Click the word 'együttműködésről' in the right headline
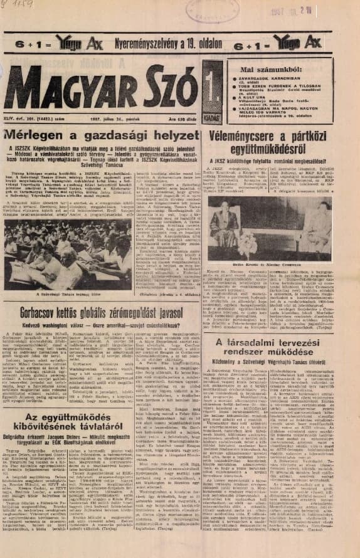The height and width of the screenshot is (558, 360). tap(280, 145)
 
